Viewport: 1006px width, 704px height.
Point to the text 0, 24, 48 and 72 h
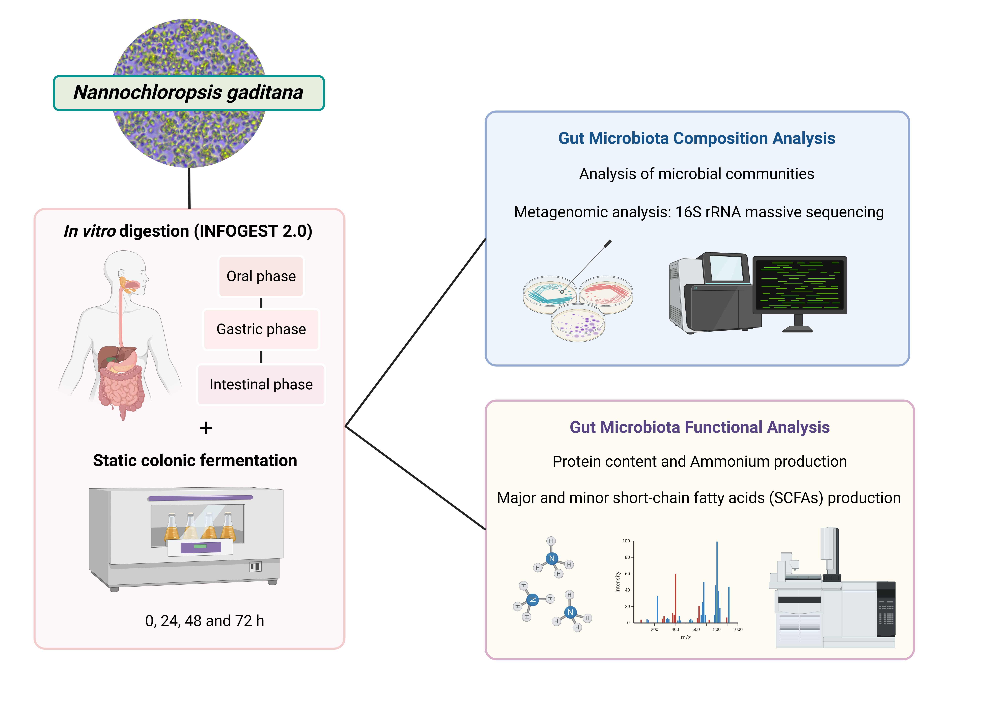pos(205,621)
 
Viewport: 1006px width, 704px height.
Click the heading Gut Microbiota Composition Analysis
pos(697,138)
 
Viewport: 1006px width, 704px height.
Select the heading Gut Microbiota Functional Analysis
pos(699,427)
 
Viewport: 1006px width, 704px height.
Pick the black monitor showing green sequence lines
pos(800,285)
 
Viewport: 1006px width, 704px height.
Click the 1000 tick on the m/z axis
pos(737,629)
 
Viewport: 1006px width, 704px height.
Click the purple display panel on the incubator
pos(201,547)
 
